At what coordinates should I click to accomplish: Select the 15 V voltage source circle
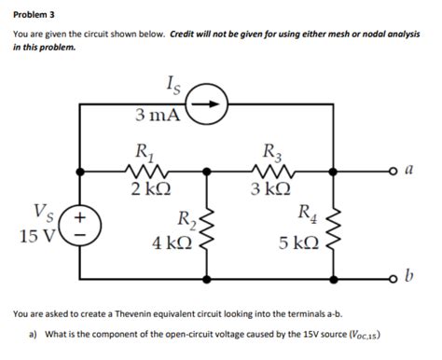[x=81, y=224]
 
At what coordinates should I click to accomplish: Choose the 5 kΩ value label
[x=297, y=243]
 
